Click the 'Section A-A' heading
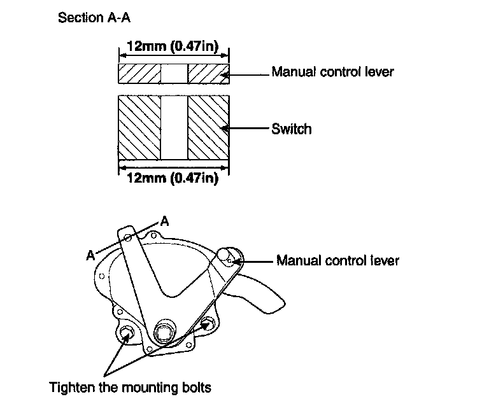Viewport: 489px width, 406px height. tap(94, 17)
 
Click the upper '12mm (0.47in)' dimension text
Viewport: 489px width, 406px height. tap(173, 46)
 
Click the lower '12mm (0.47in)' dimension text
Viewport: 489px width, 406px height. tap(173, 178)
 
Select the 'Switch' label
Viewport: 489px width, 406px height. tap(291, 129)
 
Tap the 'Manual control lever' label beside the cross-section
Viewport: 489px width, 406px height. tap(333, 72)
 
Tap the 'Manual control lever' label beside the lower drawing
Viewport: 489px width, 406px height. tap(337, 260)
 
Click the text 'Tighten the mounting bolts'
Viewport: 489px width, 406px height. tap(131, 388)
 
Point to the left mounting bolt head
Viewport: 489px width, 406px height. tap(126, 333)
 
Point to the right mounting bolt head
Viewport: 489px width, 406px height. tap(207, 323)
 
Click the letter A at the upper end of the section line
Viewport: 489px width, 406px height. tap(164, 221)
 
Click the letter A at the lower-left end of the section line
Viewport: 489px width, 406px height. tap(90, 255)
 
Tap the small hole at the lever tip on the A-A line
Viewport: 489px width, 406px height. tap(127, 239)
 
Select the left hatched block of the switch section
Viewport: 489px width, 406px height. tap(139, 128)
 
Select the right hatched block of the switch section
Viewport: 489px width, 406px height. tap(209, 128)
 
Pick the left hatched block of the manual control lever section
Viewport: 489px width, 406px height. tap(139, 74)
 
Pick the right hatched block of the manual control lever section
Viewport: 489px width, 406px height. tap(209, 74)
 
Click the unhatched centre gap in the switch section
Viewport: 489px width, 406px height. tap(174, 128)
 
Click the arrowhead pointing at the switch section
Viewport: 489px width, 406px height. tap(225, 128)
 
